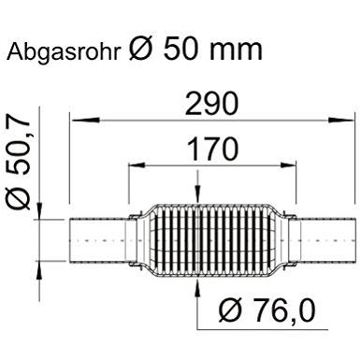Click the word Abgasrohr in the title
tap(64, 51)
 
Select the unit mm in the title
tap(236, 50)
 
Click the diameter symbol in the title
tap(141, 49)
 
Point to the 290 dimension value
tap(211, 103)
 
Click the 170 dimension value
tap(212, 149)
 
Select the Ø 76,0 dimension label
tap(267, 310)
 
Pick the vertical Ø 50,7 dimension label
tap(19, 161)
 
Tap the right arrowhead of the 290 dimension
tap(340, 120)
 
